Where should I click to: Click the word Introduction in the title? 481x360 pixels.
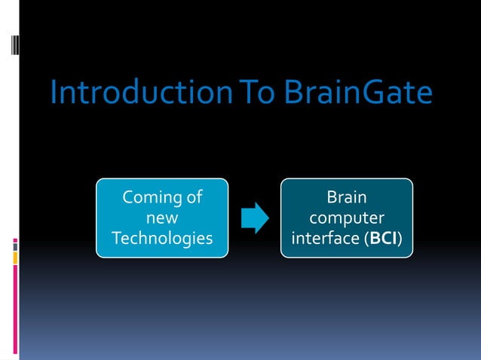pos(132,94)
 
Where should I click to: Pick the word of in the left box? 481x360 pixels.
pos(194,198)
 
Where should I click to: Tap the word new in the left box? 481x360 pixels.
pos(161,218)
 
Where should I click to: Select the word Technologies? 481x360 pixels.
pos(161,239)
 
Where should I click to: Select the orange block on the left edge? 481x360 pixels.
pos(14,258)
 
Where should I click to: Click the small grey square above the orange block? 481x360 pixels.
pos(14,246)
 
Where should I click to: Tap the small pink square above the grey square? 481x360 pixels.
pos(14,240)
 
